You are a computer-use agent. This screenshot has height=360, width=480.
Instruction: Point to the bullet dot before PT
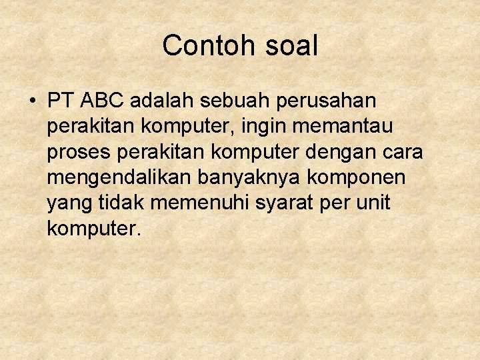[32, 102]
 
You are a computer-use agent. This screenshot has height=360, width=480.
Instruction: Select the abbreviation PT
[62, 101]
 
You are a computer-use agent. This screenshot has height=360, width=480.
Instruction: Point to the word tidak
[121, 203]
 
